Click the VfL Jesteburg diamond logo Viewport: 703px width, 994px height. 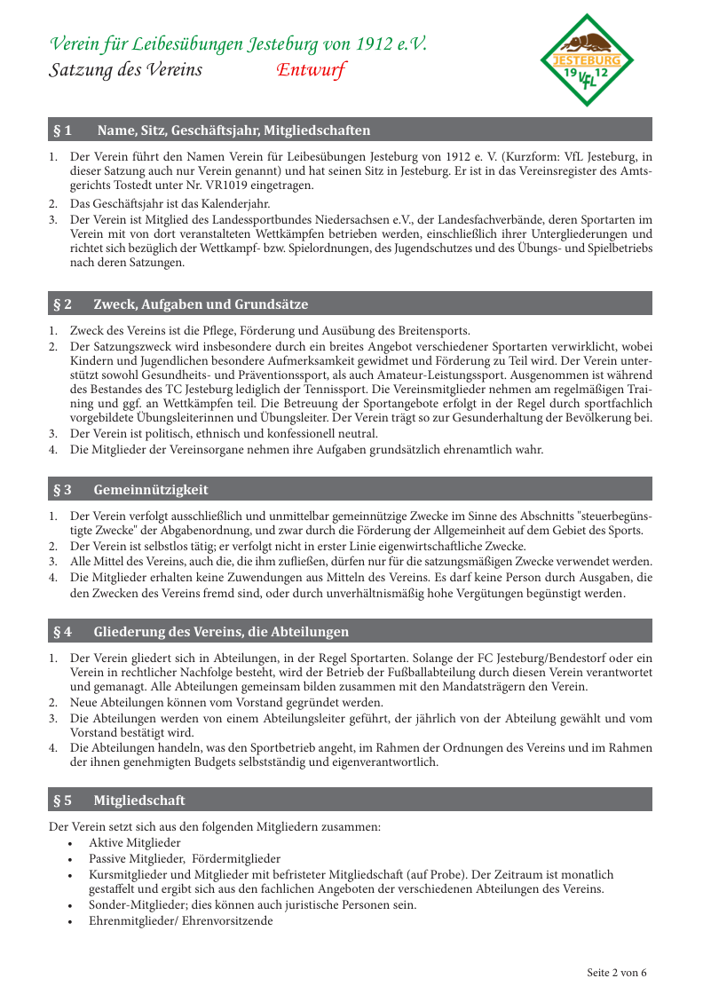(x=587, y=59)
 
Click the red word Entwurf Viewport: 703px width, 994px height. (x=311, y=70)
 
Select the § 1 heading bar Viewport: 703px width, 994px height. (x=350, y=130)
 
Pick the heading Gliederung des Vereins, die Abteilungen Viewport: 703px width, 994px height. (x=221, y=632)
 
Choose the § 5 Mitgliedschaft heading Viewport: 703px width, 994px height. (x=139, y=801)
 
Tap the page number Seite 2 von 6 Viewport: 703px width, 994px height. (x=617, y=972)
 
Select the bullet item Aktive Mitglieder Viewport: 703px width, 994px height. (x=134, y=842)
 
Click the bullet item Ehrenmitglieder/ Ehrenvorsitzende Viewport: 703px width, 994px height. (x=180, y=921)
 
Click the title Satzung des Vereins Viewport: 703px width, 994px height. (x=125, y=70)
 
